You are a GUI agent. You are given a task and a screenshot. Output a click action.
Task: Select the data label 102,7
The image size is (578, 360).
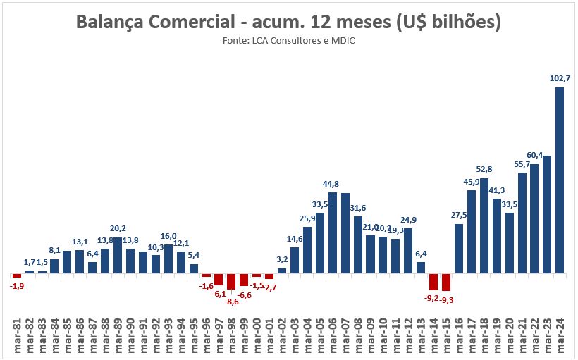pos(560,78)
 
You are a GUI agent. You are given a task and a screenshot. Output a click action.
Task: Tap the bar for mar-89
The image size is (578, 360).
pos(118,255)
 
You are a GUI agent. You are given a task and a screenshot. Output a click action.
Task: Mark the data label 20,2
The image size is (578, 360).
pos(118,228)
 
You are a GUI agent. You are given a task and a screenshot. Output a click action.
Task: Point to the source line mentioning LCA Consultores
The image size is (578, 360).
pos(288,41)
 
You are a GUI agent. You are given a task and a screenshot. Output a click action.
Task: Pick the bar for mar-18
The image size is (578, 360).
pos(484,225)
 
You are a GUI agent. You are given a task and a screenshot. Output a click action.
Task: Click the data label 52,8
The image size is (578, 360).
pos(484,169)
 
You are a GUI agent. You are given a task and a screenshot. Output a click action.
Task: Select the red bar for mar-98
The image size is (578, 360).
pos(231,281)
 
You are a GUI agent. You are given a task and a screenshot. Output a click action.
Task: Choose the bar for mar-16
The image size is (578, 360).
pos(458,248)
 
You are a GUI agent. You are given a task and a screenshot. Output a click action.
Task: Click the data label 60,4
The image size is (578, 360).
pos(535,155)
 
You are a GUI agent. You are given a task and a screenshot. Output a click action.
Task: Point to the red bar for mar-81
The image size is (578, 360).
pos(17,275)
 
